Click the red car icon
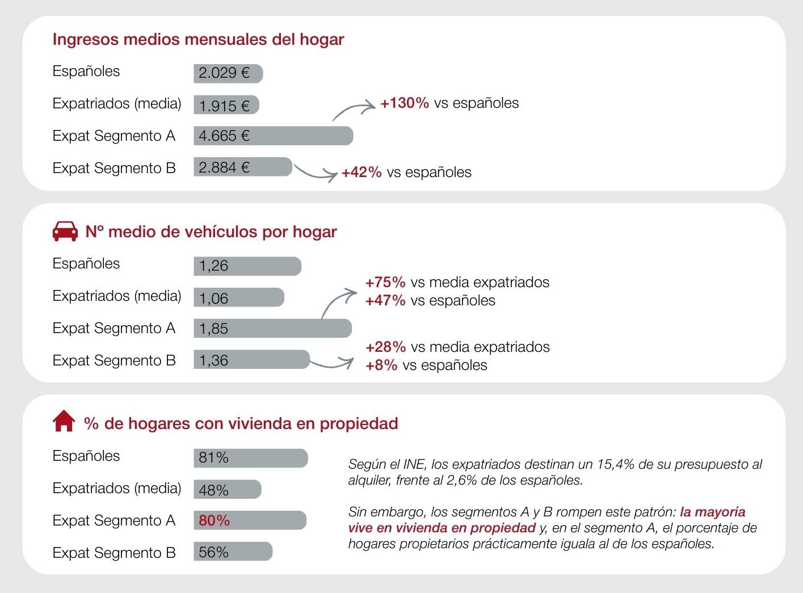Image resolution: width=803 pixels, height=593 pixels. click(65, 231)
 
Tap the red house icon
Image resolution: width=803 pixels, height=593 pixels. click(64, 422)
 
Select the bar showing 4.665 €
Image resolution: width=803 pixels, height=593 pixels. click(273, 136)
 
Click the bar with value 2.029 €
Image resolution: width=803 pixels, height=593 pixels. click(228, 73)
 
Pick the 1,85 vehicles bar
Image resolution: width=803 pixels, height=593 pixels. click(272, 328)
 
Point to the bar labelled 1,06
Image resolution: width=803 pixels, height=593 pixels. click(238, 297)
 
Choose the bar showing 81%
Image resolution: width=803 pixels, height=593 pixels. click(250, 458)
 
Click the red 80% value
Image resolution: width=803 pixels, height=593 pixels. click(214, 520)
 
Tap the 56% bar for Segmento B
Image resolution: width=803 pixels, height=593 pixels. click(233, 552)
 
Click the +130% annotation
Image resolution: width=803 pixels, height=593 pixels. click(404, 103)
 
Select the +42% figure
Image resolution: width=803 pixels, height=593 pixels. click(361, 173)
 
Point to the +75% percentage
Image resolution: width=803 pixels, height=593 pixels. click(385, 282)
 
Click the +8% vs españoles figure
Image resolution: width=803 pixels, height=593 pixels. click(381, 365)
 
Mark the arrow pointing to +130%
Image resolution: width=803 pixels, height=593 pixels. click(353, 110)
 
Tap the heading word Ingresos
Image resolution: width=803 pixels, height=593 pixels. click(86, 40)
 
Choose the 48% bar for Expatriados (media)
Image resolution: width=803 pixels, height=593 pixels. click(227, 489)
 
